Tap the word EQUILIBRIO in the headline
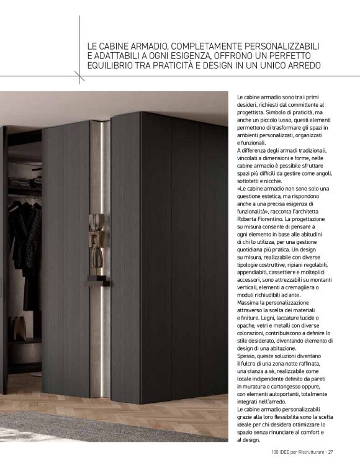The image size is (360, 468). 113,65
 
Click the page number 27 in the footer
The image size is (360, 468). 331,451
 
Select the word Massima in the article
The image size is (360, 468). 248,303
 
